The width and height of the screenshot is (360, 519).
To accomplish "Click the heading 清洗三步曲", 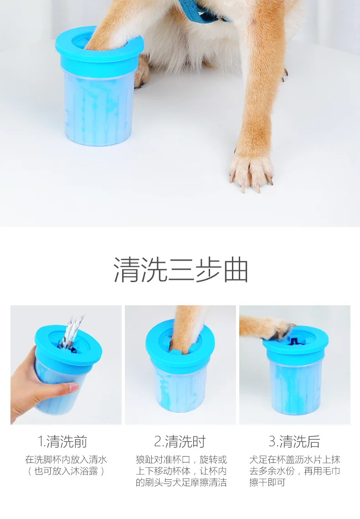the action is (181, 270).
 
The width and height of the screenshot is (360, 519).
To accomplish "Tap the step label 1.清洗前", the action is (62, 441).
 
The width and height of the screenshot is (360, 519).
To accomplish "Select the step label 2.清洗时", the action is (180, 441).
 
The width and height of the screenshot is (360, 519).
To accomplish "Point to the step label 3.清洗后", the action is (294, 441).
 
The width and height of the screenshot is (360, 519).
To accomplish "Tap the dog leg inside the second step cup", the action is (185, 328).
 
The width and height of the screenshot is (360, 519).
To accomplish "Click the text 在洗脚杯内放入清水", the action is (66, 459).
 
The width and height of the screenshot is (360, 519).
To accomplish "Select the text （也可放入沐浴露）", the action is (66, 471).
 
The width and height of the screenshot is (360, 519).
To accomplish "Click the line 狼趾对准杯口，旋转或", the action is (181, 459).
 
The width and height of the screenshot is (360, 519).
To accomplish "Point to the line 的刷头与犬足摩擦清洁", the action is (181, 482).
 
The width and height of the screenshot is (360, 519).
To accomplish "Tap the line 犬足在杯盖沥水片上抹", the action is (294, 459).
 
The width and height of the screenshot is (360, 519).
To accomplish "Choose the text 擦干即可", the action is (267, 482).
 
